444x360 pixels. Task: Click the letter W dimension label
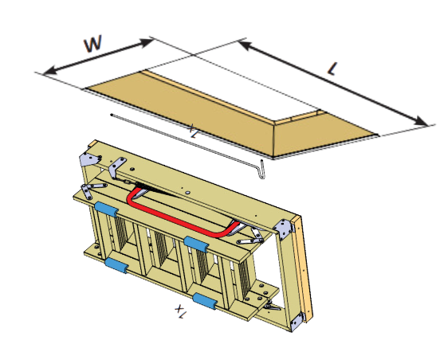click(x=94, y=43)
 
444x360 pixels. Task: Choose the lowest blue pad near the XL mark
click(x=206, y=302)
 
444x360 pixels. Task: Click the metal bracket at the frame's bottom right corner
click(x=297, y=321)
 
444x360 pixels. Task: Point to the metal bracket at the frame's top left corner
click(x=84, y=160)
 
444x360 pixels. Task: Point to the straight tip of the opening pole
click(x=113, y=115)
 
